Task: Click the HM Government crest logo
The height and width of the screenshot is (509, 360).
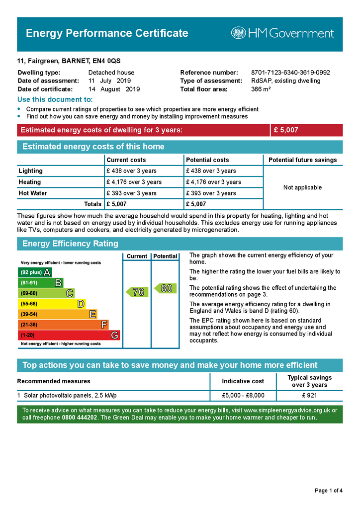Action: pos(238,33)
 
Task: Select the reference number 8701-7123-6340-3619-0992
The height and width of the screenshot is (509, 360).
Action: pos(290,73)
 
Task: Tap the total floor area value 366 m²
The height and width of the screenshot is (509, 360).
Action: pos(261,89)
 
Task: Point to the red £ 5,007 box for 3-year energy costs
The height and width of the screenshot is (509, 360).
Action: pos(306,130)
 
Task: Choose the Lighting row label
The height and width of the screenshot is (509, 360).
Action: pos(31,171)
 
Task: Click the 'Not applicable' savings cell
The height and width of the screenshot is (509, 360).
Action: pos(302,187)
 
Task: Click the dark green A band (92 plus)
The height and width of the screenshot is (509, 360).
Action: pos(35,272)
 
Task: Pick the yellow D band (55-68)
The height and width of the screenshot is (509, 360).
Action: pos(52,304)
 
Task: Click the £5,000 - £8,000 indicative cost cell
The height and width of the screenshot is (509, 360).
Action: pos(243,396)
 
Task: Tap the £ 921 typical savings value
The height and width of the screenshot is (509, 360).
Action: pos(309,396)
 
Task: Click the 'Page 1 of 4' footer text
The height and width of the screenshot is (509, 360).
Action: pos(329,491)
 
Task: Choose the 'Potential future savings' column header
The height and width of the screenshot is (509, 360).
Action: pos(302,160)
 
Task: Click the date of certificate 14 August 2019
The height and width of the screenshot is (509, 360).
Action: pos(114,89)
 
